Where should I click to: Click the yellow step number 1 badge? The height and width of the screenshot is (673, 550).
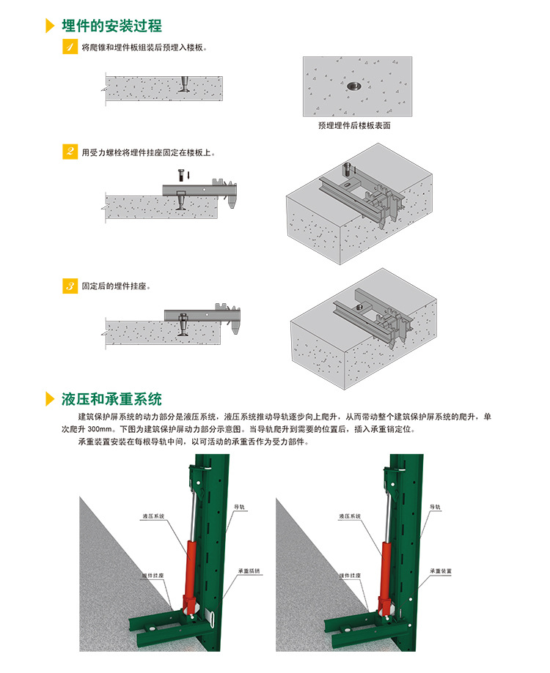[70, 47]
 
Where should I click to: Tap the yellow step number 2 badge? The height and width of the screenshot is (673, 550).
[70, 152]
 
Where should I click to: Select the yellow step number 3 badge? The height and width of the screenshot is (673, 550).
[70, 286]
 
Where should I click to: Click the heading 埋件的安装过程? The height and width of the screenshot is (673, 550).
[111, 26]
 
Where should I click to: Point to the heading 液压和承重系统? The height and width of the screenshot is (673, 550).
[111, 399]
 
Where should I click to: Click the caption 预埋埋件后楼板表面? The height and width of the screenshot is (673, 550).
[354, 125]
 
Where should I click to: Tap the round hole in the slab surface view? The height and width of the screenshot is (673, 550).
[354, 86]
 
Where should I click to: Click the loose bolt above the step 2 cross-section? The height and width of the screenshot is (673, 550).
[181, 175]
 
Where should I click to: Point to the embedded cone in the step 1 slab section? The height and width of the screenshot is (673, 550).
[184, 84]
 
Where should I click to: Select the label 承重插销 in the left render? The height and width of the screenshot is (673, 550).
[249, 571]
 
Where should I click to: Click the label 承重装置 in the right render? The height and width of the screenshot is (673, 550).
[441, 571]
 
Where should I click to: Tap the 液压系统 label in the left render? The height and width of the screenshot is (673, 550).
[153, 516]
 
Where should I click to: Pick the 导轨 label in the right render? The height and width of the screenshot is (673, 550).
[435, 507]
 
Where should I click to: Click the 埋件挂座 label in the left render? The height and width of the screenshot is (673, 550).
[153, 575]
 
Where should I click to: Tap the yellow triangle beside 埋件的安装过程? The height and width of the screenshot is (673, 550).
[51, 26]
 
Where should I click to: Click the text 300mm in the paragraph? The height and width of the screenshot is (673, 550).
[100, 429]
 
